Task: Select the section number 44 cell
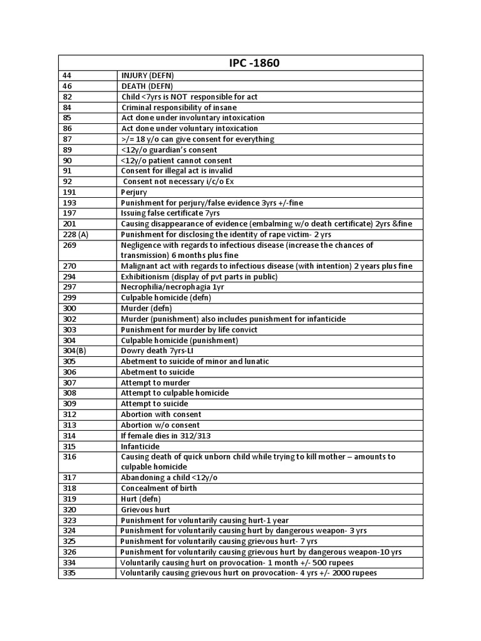[x=67, y=76]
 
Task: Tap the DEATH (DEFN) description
[x=147, y=86]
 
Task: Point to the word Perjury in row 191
[x=133, y=192]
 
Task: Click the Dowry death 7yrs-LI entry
[x=158, y=351]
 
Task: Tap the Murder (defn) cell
[x=146, y=309]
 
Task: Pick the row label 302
[x=70, y=319]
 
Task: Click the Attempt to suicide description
[x=155, y=404]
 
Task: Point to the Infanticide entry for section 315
[x=140, y=446]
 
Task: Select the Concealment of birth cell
[x=158, y=488]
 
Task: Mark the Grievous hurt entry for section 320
[x=145, y=510]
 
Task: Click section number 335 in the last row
[x=70, y=573]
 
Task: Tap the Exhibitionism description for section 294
[x=199, y=277]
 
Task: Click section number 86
[x=67, y=128]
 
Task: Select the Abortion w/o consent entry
[x=161, y=425]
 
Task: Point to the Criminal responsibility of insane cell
[x=179, y=108]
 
